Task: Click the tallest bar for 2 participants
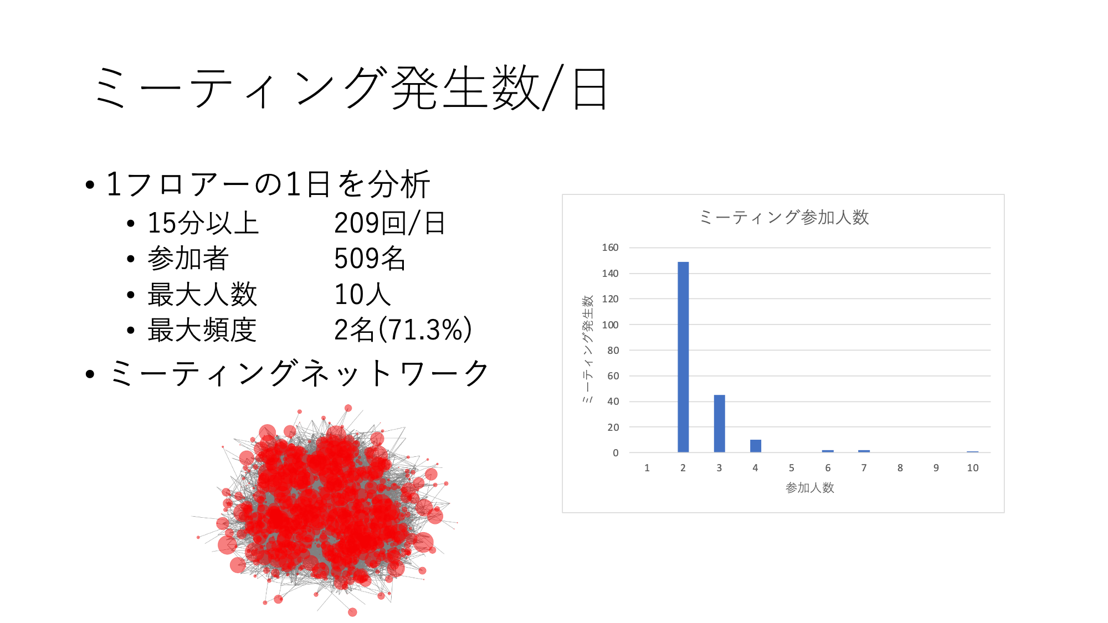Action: [x=683, y=357]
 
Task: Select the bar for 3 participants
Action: [x=719, y=424]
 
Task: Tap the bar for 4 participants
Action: [x=756, y=446]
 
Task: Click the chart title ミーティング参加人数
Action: [x=783, y=217]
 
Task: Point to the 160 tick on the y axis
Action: [x=610, y=248]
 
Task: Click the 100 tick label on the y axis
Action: [x=610, y=325]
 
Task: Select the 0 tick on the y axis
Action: [x=615, y=453]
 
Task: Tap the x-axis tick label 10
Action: [x=972, y=468]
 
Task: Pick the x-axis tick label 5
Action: [x=792, y=468]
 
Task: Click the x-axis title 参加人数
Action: [x=809, y=487]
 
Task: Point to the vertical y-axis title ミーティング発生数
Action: [x=588, y=349]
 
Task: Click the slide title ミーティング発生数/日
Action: [x=351, y=88]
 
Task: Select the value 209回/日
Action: [x=389, y=223]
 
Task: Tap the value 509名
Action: [x=370, y=258]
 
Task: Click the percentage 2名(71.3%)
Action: [x=403, y=329]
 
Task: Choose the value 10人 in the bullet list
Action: [x=362, y=294]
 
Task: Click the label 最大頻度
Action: [x=202, y=329]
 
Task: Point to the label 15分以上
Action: [x=203, y=223]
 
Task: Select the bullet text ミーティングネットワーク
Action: [x=299, y=373]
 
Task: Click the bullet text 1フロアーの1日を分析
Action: [x=268, y=184]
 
